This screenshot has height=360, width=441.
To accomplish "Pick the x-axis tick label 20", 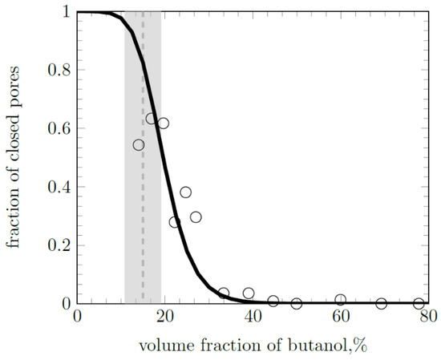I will click(165, 318).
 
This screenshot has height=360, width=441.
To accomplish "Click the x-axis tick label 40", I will click(253, 318).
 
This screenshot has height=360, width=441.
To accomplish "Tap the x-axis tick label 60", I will click(341, 318).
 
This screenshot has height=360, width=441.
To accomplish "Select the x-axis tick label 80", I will click(428, 318).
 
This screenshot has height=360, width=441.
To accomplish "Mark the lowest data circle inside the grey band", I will click(139, 145).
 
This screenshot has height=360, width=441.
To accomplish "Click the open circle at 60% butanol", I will click(341, 300).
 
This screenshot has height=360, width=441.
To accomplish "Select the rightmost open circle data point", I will click(419, 304).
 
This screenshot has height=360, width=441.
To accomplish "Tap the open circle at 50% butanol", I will click(297, 304).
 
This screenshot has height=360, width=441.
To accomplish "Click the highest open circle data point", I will click(151, 119).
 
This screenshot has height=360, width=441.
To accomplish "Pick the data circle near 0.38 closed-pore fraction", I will click(186, 192).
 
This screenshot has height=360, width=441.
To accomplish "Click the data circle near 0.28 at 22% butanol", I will click(175, 222).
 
